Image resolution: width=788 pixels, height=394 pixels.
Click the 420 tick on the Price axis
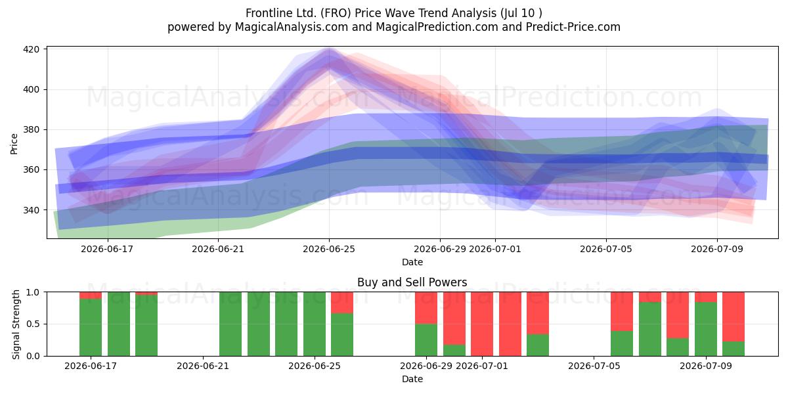tap(32, 49)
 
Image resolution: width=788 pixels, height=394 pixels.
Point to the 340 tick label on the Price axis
tap(32, 210)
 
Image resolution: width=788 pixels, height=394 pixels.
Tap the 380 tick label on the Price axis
tap(32, 130)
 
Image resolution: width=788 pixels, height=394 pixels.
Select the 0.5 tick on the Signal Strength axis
tap(33, 324)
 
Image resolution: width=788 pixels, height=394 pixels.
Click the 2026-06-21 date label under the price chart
tap(218, 249)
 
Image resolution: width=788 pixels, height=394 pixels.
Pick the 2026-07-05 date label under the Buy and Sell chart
tap(594, 366)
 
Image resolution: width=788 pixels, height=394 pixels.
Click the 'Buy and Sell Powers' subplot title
tap(412, 282)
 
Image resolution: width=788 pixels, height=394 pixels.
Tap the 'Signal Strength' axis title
tap(16, 324)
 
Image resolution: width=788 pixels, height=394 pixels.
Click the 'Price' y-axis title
tap(14, 144)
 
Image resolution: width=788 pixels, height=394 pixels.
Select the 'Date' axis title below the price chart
tap(412, 262)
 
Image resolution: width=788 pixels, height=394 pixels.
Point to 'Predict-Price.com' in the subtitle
tap(573, 27)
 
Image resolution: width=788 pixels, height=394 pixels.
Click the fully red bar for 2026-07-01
tap(482, 324)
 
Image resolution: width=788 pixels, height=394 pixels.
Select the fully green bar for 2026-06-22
tap(230, 324)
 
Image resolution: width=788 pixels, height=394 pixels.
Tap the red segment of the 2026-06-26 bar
tap(342, 303)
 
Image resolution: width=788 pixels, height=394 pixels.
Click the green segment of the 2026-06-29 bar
tap(426, 340)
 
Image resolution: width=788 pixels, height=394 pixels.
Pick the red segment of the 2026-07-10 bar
tap(733, 317)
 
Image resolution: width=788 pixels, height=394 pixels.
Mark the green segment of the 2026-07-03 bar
tap(538, 345)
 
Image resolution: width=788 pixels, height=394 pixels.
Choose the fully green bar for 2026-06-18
tap(119, 324)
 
